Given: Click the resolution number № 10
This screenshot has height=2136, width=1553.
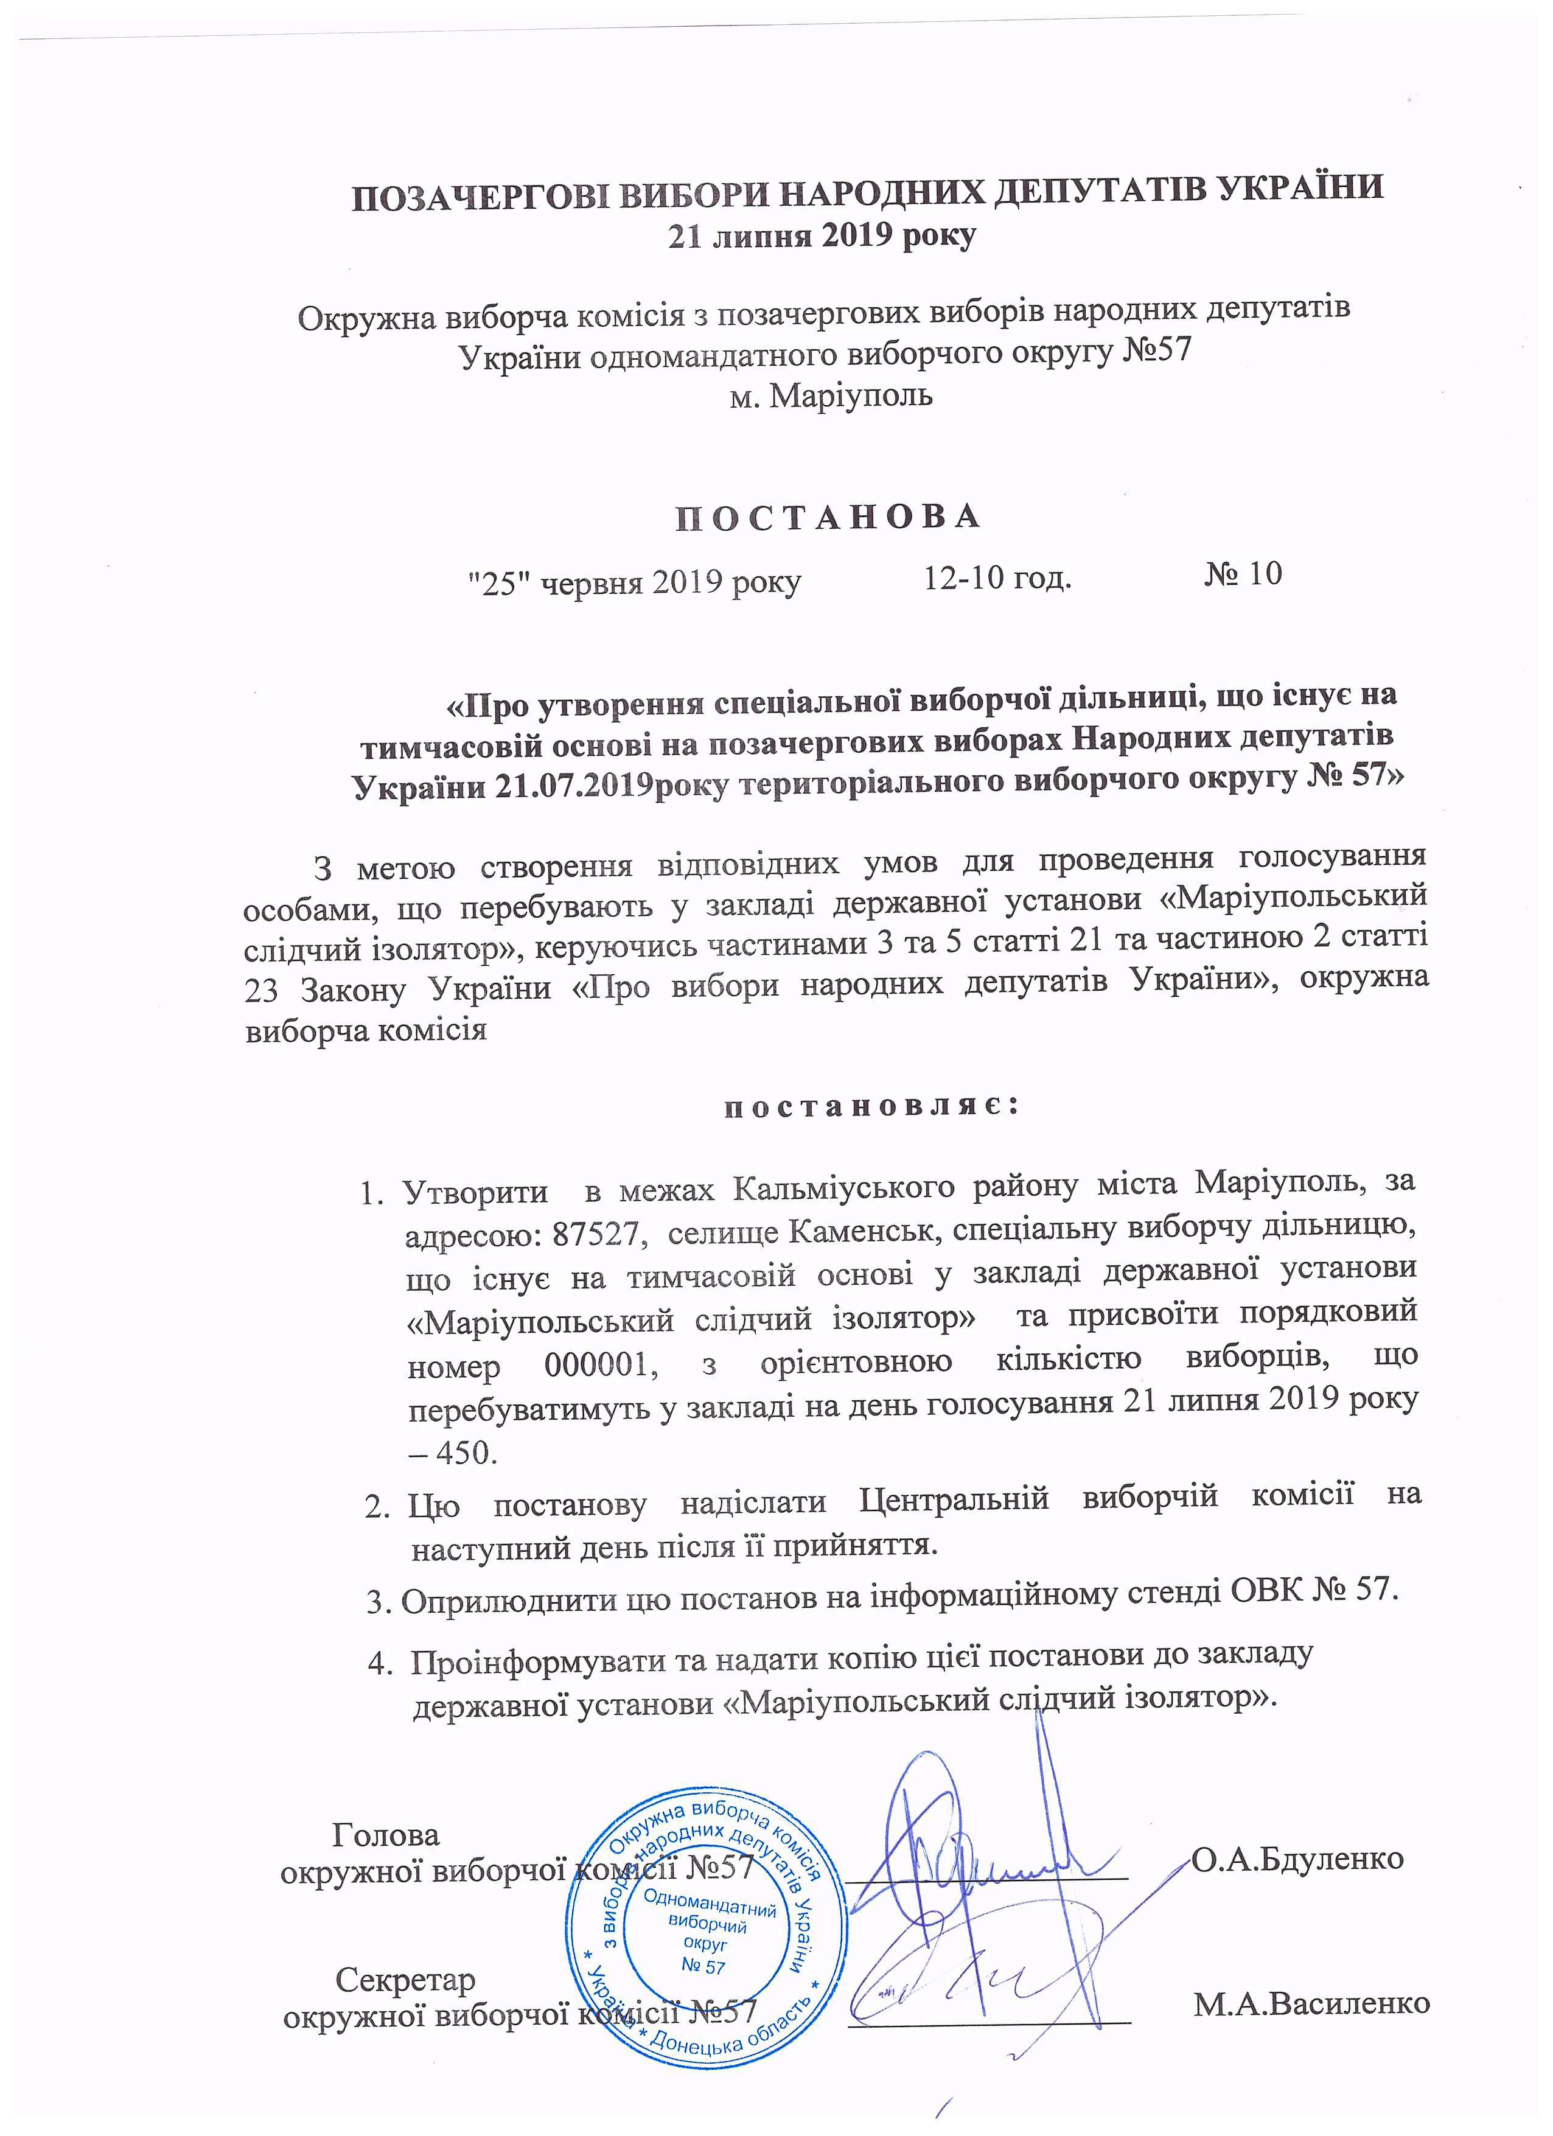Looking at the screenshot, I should click(1243, 573).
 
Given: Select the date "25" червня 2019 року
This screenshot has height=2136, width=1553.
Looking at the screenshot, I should click(635, 582).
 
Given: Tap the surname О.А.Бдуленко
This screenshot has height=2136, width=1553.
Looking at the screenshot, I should click(1298, 1858).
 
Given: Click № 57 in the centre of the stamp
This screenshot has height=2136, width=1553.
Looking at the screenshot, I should click(703, 1966).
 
